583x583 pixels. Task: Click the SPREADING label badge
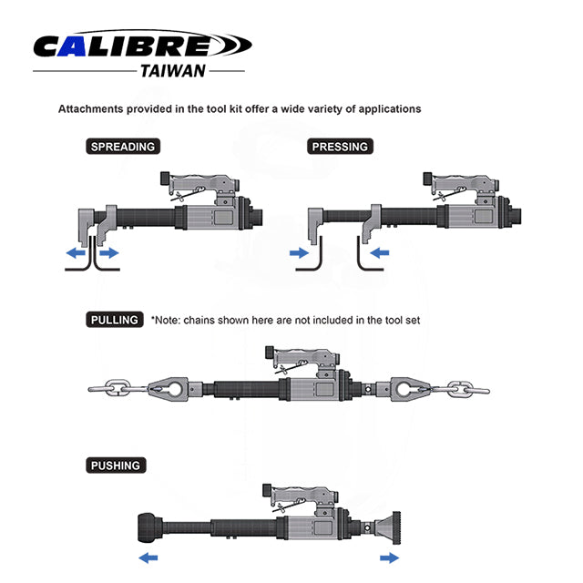pyautogui.click(x=123, y=147)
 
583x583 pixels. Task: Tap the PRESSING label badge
pyautogui.click(x=340, y=147)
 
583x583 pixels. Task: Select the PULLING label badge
pyautogui.click(x=115, y=320)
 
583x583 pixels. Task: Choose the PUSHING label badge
pyautogui.click(x=116, y=465)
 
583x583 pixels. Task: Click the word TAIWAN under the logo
pyautogui.click(x=173, y=71)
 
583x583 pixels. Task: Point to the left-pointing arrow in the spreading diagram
pyautogui.click(x=76, y=253)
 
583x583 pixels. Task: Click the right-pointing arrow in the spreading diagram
pyautogui.click(x=109, y=253)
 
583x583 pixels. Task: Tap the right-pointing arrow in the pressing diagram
pyautogui.click(x=299, y=253)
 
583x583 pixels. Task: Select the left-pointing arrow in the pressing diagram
pyautogui.click(x=380, y=253)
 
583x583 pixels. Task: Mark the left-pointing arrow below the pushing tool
pyautogui.click(x=148, y=557)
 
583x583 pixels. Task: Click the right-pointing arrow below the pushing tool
pyautogui.click(x=389, y=557)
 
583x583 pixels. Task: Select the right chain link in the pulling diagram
pyautogui.click(x=462, y=390)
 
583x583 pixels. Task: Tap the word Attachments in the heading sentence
pyautogui.click(x=90, y=109)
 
